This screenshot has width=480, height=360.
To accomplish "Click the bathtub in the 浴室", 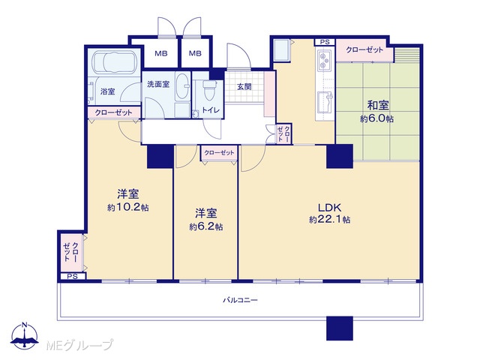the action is tap(115, 63).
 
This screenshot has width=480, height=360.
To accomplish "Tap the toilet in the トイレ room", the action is tap(209, 90).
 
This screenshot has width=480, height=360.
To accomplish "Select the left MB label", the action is tap(161, 53).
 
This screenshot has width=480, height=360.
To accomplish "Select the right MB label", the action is tap(195, 53).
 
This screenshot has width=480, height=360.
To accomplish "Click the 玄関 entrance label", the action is tap(244, 87).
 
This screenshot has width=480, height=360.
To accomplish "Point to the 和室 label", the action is tap(378, 105).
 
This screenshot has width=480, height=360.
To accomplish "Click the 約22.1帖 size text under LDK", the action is tap(330, 220).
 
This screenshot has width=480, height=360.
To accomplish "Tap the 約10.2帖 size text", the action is tap(128, 207).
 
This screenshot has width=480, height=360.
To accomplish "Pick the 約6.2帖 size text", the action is tap(206, 226).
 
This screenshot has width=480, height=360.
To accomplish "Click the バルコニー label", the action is tap(240, 300).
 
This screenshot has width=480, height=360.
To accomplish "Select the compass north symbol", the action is tap(25, 335).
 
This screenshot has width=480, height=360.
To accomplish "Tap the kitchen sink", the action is tap(325, 102).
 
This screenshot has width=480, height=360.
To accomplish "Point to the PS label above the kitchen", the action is tap(325, 42).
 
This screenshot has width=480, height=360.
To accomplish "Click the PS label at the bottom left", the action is tap(72, 277).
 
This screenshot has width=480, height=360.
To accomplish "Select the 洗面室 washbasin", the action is tap(182, 86).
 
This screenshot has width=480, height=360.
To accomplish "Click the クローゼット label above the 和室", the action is tap(364, 49).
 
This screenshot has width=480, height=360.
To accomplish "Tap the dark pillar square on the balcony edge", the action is tap(340, 328).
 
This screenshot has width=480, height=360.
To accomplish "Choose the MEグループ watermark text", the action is tap(79, 345).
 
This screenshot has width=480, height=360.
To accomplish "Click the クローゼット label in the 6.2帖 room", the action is tap(219, 152).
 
